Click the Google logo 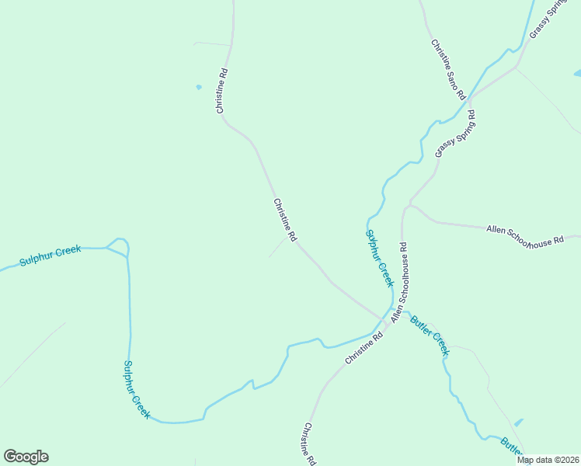coord(26,457)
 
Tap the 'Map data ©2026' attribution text coord(548,460)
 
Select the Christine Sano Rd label coord(448,68)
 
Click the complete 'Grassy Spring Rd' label coord(455,134)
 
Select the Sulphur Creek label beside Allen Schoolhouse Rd coord(380,258)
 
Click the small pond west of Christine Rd coord(199,86)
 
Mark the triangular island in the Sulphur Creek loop coord(117,246)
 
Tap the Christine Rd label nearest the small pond coord(222,92)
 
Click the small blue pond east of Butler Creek coord(519,423)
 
